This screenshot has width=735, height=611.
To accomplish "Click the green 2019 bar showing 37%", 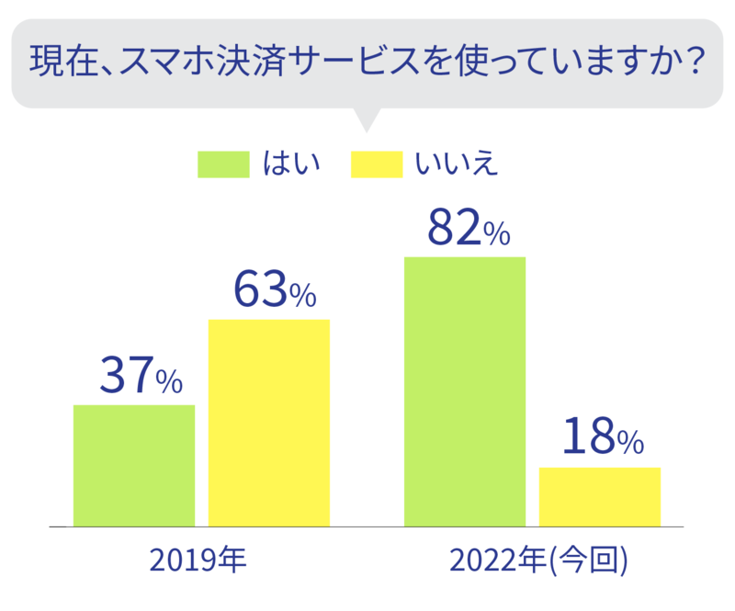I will (x=134, y=465).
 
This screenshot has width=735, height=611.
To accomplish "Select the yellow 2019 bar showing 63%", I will (x=269, y=423).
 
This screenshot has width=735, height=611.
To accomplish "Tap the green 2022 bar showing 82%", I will (x=465, y=390).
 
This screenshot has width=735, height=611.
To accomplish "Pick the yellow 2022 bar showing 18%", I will (x=600, y=496).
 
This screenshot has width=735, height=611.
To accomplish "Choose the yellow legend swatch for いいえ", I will (x=377, y=164).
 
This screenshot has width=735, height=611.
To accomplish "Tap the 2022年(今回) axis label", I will (x=539, y=560).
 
